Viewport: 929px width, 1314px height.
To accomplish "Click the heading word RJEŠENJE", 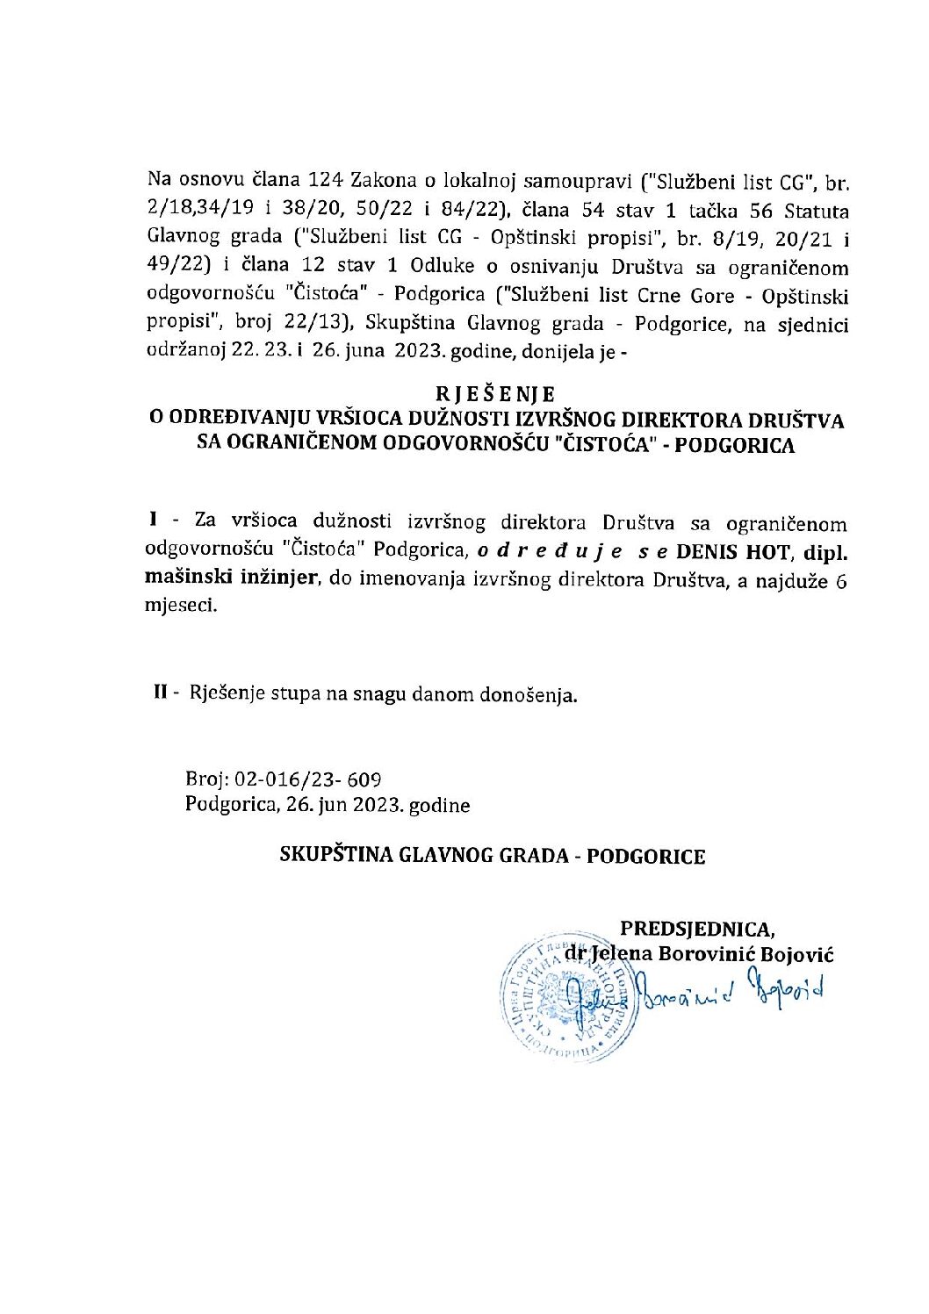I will point(495,394).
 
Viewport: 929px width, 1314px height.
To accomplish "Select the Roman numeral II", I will point(161,694).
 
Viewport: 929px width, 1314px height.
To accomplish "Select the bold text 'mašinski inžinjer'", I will point(230,579).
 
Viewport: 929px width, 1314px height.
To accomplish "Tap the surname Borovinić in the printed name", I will point(719,954).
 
